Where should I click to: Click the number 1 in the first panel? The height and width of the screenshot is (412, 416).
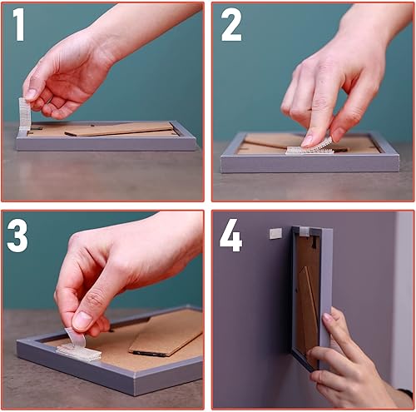[19, 25]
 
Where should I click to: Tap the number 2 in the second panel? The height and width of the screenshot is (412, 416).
[231, 25]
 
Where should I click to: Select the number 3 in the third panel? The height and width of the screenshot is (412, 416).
[17, 236]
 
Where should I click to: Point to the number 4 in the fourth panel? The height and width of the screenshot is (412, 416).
[231, 236]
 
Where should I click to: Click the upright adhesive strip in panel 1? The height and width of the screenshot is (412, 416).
[24, 114]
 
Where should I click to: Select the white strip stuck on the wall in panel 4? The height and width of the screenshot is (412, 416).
[275, 233]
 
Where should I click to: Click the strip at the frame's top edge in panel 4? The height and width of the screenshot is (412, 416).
[305, 231]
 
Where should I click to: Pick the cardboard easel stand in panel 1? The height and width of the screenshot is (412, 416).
[119, 129]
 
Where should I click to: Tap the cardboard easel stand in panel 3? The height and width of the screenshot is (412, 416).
[166, 335]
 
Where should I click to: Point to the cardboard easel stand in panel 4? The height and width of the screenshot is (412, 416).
[308, 300]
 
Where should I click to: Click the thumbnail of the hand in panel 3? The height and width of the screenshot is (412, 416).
[82, 320]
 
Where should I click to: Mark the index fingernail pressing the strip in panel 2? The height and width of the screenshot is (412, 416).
[307, 141]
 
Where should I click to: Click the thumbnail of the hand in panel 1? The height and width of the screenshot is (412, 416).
[30, 94]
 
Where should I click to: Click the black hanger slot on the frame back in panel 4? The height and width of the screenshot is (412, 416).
[314, 242]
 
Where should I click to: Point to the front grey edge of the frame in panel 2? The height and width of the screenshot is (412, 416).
[310, 164]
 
